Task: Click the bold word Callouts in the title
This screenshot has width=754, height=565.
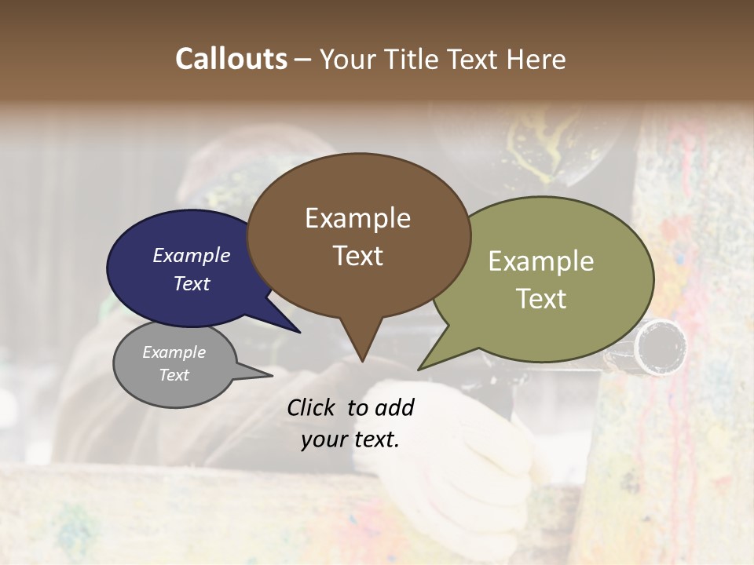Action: [x=231, y=59]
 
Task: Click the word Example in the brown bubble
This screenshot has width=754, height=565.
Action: [x=357, y=218]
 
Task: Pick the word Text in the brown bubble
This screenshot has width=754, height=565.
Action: [x=357, y=256]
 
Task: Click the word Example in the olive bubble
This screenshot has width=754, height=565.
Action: [x=541, y=261]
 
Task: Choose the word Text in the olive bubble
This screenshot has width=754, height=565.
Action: [x=541, y=299]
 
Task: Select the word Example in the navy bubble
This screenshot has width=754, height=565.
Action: [x=192, y=256]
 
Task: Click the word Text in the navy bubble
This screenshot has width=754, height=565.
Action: [x=192, y=283]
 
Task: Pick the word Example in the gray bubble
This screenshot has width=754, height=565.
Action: [x=174, y=352]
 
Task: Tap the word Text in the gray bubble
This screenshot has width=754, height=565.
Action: [x=174, y=375]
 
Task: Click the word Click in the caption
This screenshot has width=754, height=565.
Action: [x=313, y=407]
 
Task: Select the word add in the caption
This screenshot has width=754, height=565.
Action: [x=394, y=407]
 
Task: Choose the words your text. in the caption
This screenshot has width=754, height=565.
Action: [x=350, y=439]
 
